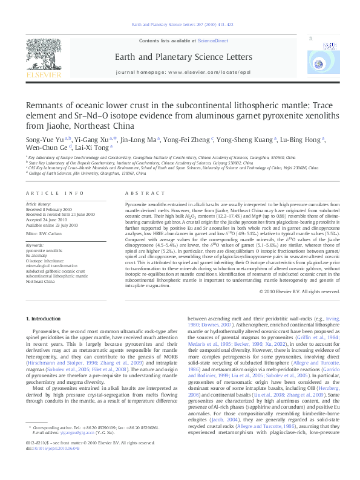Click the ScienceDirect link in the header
pyautogui.click(x=212, y=41)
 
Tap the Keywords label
pyautogui.click(x=36, y=244)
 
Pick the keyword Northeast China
pyautogui.click(x=41, y=282)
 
